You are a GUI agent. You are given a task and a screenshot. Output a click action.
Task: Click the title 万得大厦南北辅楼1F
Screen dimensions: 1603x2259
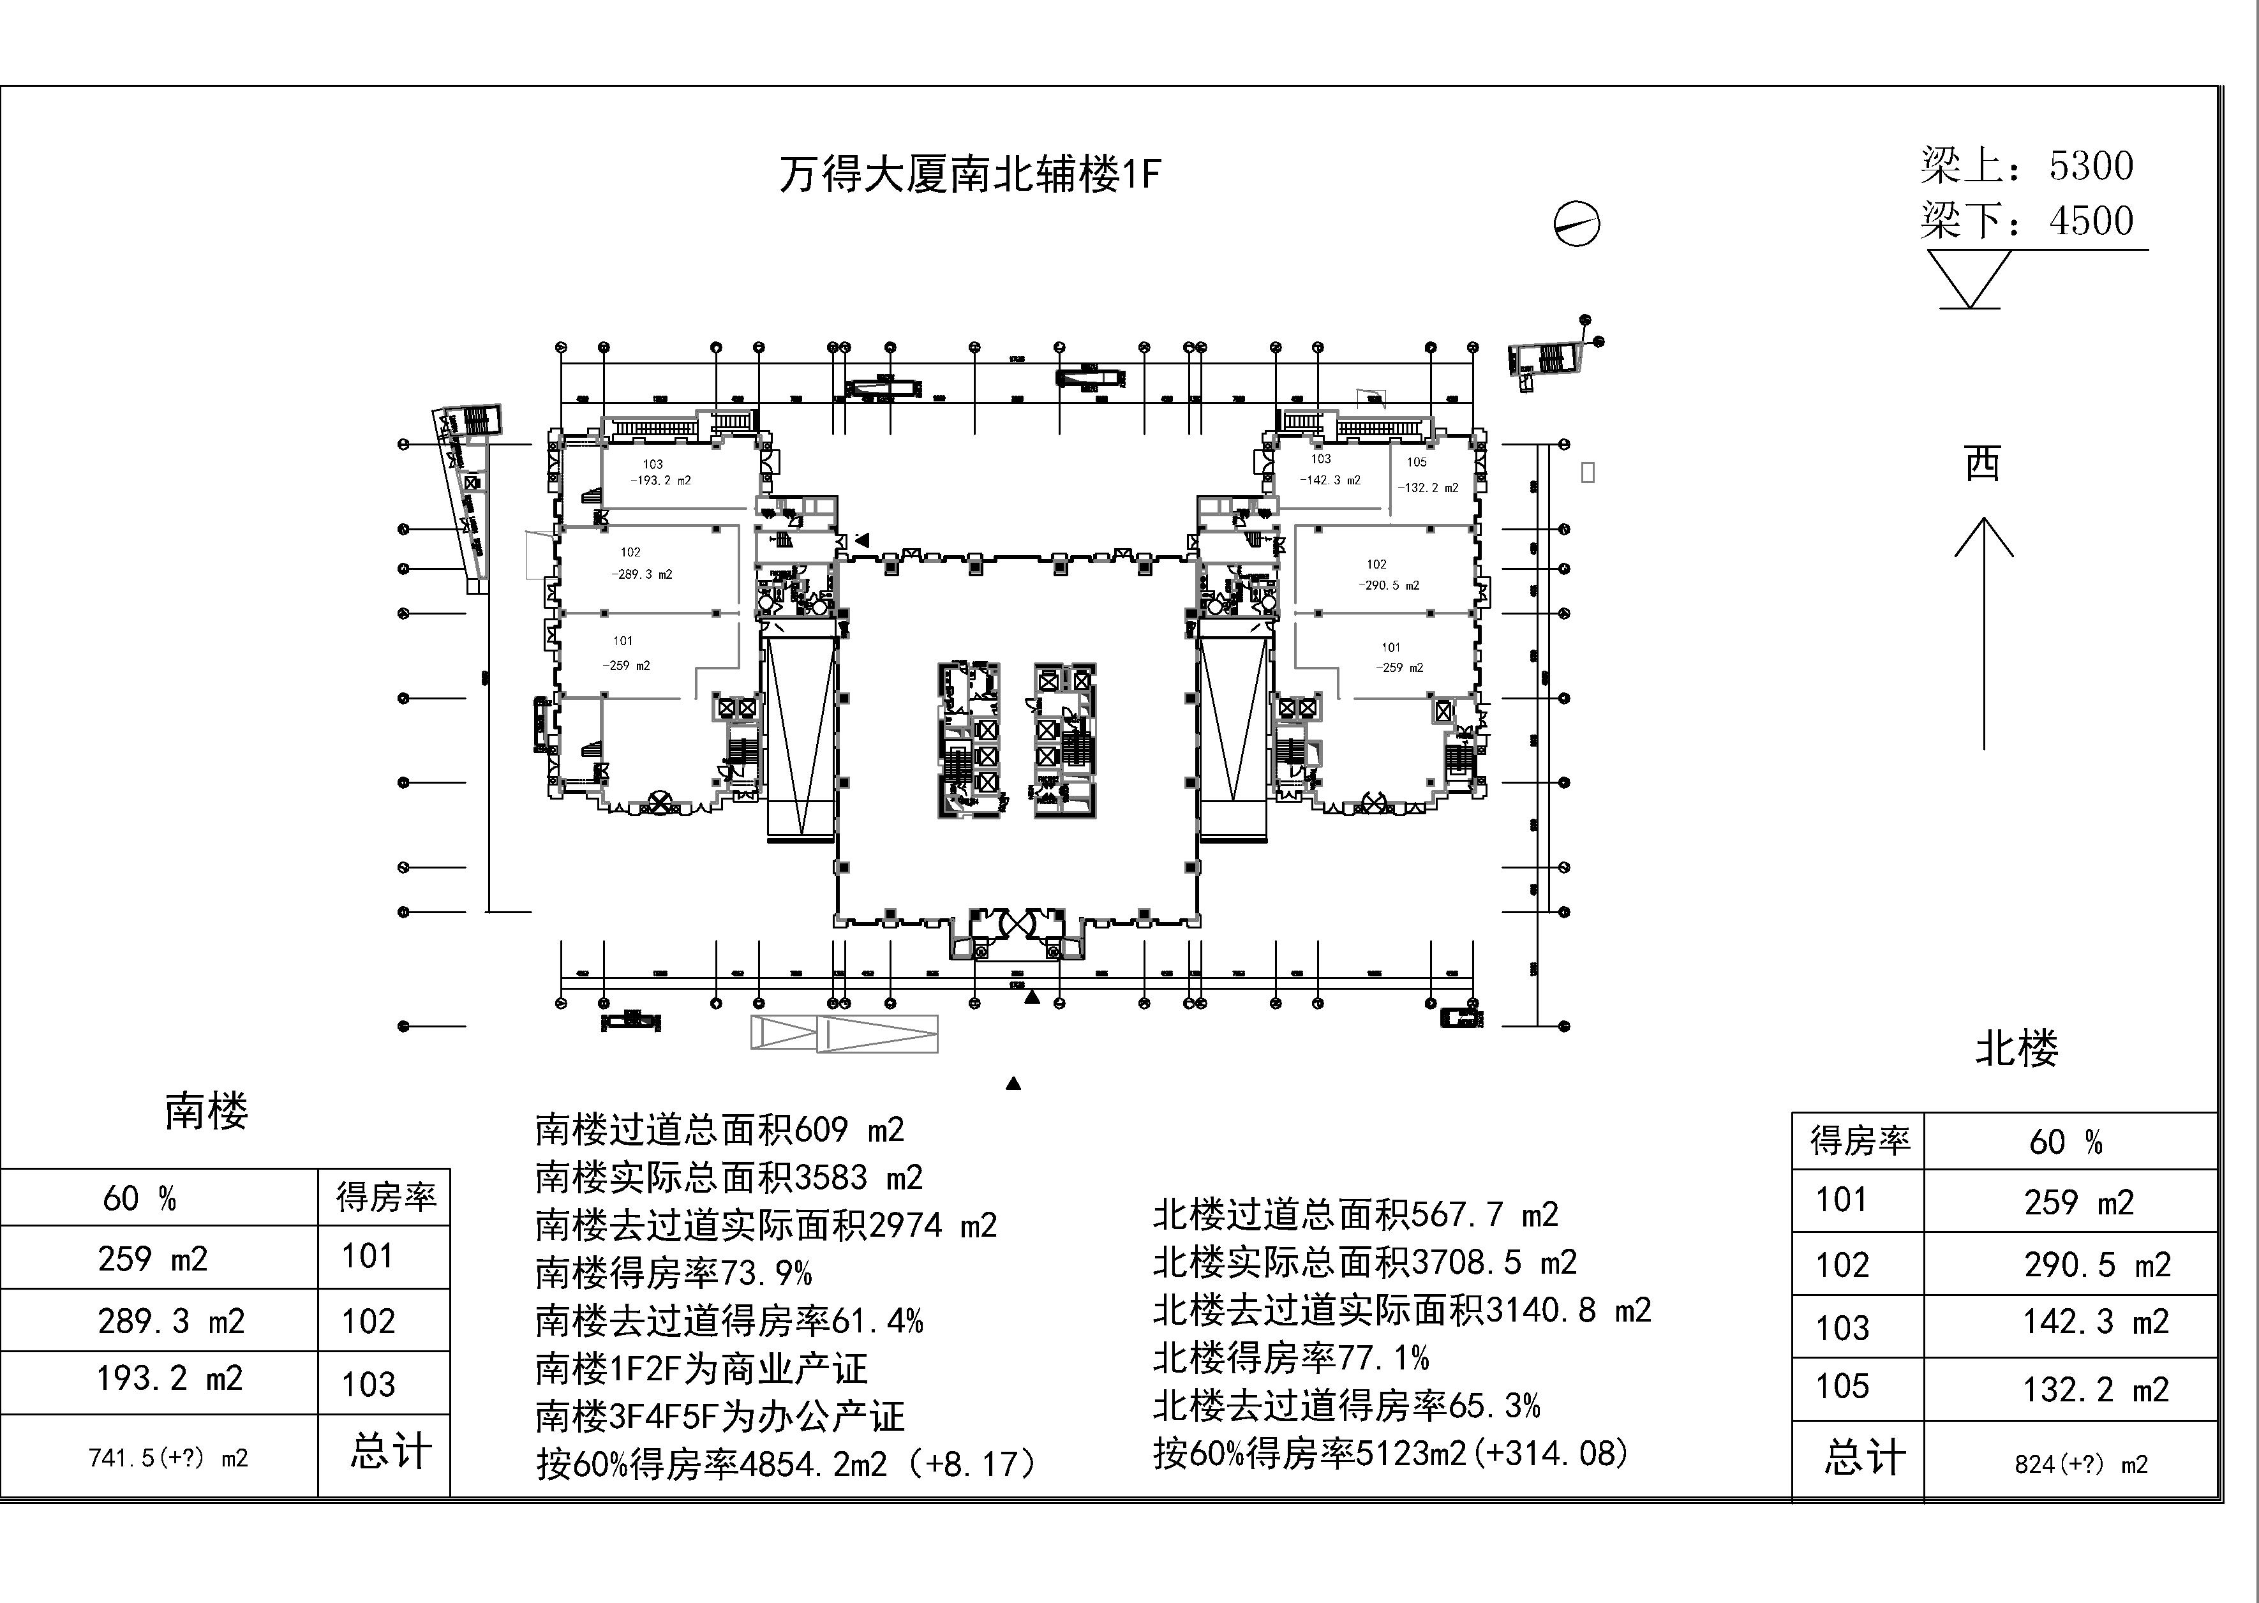pyautogui.click(x=969, y=175)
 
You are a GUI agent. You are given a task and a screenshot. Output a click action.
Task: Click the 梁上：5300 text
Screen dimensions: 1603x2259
pyautogui.click(x=2026, y=166)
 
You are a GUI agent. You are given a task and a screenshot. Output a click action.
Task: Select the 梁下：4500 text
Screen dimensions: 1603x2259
pyautogui.click(x=2026, y=221)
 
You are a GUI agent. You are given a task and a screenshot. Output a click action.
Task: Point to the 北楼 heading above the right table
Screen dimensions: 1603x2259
pyautogui.click(x=2017, y=1048)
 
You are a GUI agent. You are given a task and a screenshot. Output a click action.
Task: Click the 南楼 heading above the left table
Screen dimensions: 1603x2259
pyautogui.click(x=206, y=1112)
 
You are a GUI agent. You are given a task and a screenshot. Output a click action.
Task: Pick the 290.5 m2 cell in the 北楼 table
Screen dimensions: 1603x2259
pyautogui.click(x=2097, y=1264)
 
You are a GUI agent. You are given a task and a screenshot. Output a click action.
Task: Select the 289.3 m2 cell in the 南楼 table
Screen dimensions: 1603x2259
pyautogui.click(x=171, y=1321)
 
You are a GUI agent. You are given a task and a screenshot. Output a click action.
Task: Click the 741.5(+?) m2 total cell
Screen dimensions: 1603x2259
pyautogui.click(x=168, y=1458)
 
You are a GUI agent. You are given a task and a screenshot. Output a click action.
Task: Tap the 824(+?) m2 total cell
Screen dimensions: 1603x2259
pyautogui.click(x=2080, y=1465)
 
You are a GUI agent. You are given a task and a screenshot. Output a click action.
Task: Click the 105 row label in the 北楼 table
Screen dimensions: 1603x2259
pyautogui.click(x=1842, y=1387)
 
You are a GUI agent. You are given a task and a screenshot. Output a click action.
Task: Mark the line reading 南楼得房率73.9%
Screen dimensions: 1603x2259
pyautogui.click(x=673, y=1273)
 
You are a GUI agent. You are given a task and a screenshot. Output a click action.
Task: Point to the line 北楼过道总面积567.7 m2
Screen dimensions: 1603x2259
pyautogui.click(x=1355, y=1215)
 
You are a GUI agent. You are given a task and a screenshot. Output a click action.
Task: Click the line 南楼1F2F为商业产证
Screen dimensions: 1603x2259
pyautogui.click(x=701, y=1369)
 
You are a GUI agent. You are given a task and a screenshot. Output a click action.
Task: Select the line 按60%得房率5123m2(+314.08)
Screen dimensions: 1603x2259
pyautogui.click(x=1390, y=1453)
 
